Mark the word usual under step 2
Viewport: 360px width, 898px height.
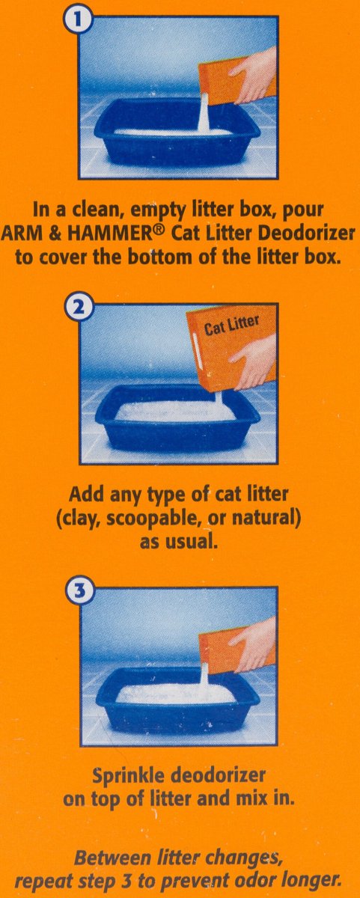pyautogui.click(x=192, y=542)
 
